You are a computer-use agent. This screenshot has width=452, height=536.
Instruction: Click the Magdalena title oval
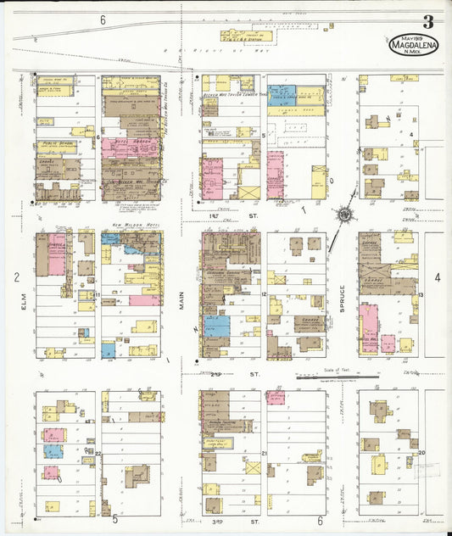[x=414, y=45]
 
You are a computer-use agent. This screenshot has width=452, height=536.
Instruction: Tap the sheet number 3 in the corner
[x=429, y=22]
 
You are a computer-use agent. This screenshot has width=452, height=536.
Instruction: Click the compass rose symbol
[x=344, y=214]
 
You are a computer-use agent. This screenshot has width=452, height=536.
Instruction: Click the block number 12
[x=265, y=294]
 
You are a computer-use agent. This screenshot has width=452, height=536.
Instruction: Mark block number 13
[x=420, y=294]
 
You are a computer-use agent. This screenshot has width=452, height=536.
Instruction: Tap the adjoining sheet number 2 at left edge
[x=16, y=276]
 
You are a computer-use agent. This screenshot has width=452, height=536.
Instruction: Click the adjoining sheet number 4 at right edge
[x=438, y=276]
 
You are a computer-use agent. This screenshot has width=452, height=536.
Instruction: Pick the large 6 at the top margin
[x=102, y=19]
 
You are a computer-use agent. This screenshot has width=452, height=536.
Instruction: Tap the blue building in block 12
[x=216, y=326]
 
